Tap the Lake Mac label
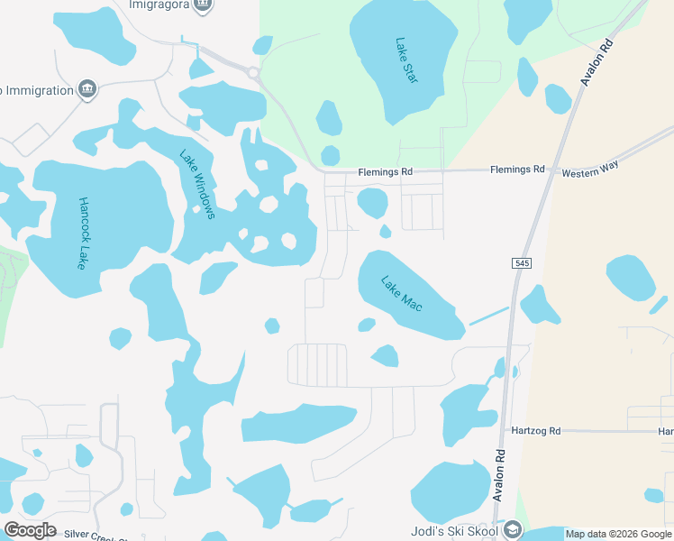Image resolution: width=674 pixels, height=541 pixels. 402,295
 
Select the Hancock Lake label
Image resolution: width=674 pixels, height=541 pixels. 83,234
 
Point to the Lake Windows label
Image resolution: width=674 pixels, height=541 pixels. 197,184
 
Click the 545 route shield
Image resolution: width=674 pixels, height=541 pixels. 522,263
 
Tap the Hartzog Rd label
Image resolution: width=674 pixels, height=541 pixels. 535,431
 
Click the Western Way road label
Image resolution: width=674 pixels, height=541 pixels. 587,172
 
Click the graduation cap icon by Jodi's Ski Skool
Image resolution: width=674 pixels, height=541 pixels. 513,528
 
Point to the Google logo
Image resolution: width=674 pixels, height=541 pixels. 30,530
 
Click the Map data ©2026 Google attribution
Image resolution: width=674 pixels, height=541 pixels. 618,534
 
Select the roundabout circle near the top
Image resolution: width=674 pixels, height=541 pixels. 253,72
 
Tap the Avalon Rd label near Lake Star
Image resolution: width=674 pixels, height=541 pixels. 596,64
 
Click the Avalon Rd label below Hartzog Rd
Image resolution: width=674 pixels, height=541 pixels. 497,474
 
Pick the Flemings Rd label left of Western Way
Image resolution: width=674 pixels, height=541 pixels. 517,170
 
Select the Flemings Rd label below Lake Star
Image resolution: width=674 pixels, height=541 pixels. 385,171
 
